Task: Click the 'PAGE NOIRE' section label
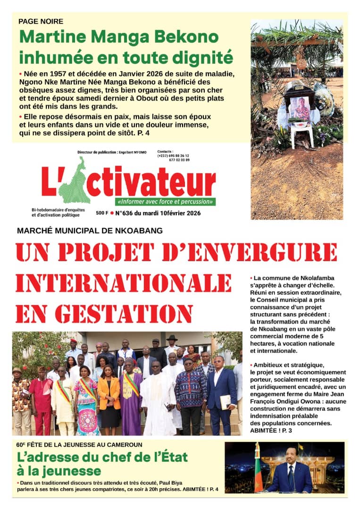pos(41,21)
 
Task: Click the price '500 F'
pos(102,213)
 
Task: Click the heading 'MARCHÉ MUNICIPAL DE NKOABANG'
pos(90,231)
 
